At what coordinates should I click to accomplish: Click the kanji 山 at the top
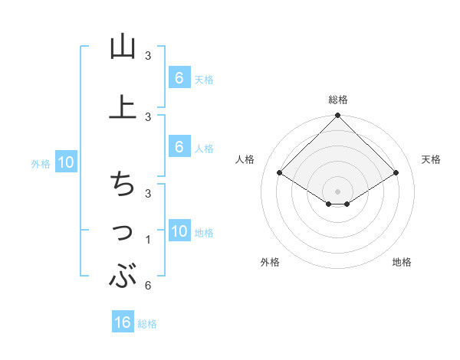click(123, 47)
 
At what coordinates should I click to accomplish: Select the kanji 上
click(123, 108)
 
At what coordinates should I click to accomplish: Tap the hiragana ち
click(123, 185)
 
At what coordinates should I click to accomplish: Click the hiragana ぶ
click(123, 277)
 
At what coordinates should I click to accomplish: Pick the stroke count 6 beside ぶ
click(148, 286)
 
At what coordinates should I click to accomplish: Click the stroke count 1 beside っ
click(148, 240)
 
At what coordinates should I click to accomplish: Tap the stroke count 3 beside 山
click(148, 56)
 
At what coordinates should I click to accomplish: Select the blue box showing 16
click(123, 322)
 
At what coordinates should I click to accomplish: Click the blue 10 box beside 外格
click(65, 162)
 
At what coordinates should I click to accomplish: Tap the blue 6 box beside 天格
click(179, 78)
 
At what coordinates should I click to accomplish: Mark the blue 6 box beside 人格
click(179, 148)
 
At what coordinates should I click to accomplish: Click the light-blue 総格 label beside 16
click(148, 324)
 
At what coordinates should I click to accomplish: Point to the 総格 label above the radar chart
click(338, 100)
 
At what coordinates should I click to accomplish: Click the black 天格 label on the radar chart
click(432, 159)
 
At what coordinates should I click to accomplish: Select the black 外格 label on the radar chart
click(270, 263)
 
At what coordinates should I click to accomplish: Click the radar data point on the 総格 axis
click(338, 116)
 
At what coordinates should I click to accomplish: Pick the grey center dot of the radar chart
click(338, 191)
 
